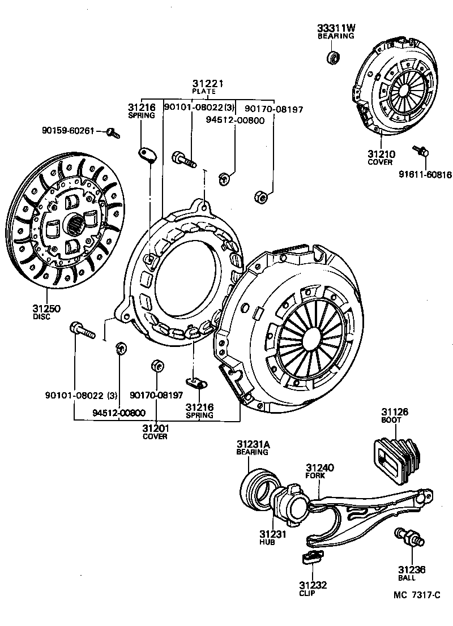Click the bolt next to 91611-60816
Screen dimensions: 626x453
422,151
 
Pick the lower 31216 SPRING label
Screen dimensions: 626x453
200,410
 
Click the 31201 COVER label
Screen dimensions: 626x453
155,431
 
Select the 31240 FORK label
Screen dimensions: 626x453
319,471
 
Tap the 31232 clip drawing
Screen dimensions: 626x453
309,558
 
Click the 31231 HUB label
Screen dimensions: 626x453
267,537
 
